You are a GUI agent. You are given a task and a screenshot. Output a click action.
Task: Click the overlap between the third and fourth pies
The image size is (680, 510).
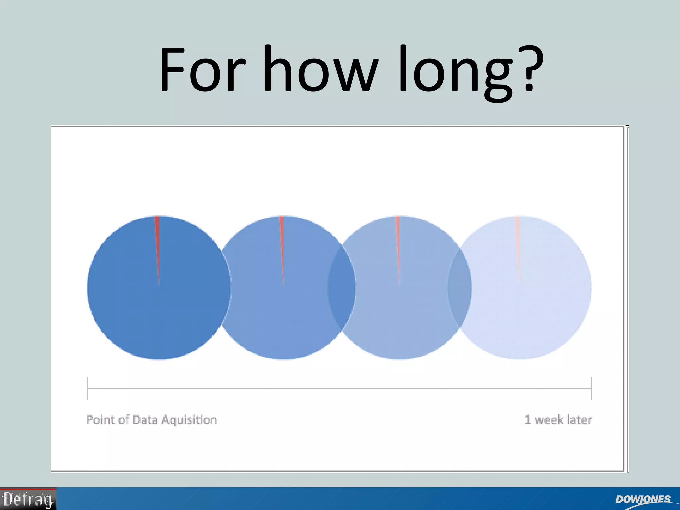coord(460,288)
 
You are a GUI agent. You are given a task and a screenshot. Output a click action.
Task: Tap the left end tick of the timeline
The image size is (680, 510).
coord(88,388)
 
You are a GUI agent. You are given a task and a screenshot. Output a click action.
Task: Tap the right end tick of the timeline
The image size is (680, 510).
coord(591,388)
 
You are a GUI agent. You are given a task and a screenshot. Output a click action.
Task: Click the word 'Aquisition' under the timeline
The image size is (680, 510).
coord(189,420)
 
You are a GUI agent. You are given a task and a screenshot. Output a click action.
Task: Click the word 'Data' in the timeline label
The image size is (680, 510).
coord(145,420)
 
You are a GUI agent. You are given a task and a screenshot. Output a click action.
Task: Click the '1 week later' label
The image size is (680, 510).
coord(558,420)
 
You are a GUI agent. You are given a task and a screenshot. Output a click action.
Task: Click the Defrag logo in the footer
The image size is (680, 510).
coord(28,499)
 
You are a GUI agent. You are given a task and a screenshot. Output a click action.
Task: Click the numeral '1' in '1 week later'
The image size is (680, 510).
coord(527,420)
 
